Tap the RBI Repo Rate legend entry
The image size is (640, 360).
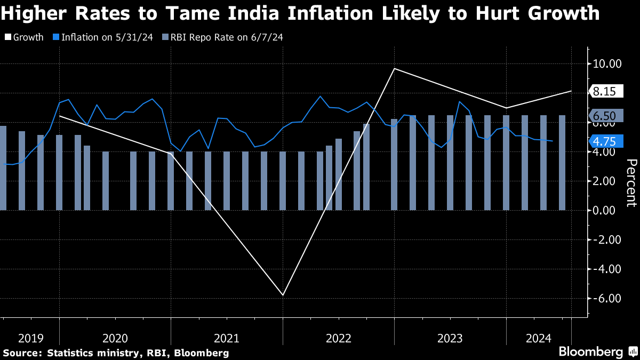[x=224, y=38]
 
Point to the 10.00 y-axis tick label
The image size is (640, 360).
[x=608, y=64]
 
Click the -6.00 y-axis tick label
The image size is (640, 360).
[x=608, y=298]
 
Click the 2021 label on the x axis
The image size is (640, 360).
[x=227, y=338]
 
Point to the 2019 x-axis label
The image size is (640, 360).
[x=31, y=338]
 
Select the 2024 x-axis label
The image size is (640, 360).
[x=539, y=338]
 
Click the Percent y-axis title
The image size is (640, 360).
[x=631, y=182]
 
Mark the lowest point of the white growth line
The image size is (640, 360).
[x=283, y=295]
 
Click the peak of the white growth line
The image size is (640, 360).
[x=394, y=68]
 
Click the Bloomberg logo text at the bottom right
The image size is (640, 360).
[x=590, y=352]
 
